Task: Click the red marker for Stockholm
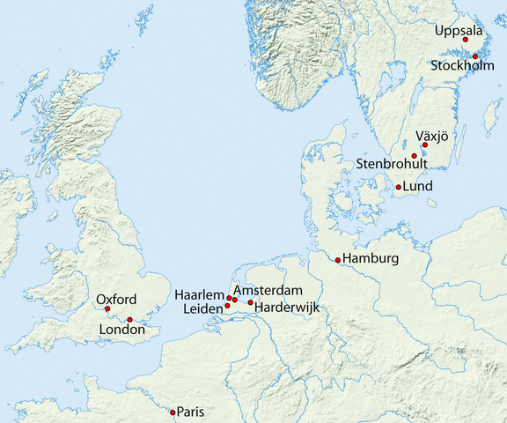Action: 475,56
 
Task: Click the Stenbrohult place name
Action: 392,165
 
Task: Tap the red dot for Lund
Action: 399,187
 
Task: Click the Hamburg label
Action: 371,259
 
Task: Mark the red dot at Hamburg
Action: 338,260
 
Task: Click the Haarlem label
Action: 200,294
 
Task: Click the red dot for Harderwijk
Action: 251,303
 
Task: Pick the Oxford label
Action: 116,299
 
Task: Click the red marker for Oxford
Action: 107,308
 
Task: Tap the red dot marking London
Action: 129,320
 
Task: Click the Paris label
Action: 191,412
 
